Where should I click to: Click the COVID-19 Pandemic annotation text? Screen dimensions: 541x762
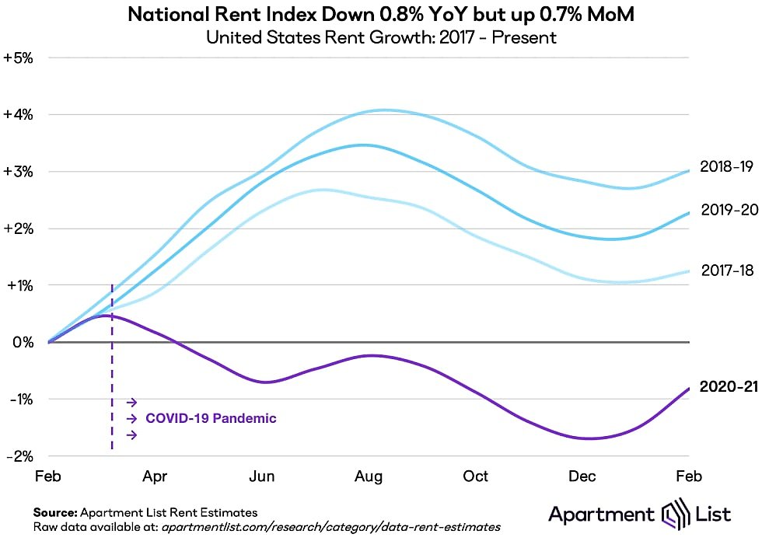(211, 418)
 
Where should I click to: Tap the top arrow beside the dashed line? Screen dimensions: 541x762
(131, 402)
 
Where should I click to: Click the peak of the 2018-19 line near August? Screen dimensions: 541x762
(381, 110)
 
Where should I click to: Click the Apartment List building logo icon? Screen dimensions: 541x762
(673, 515)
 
